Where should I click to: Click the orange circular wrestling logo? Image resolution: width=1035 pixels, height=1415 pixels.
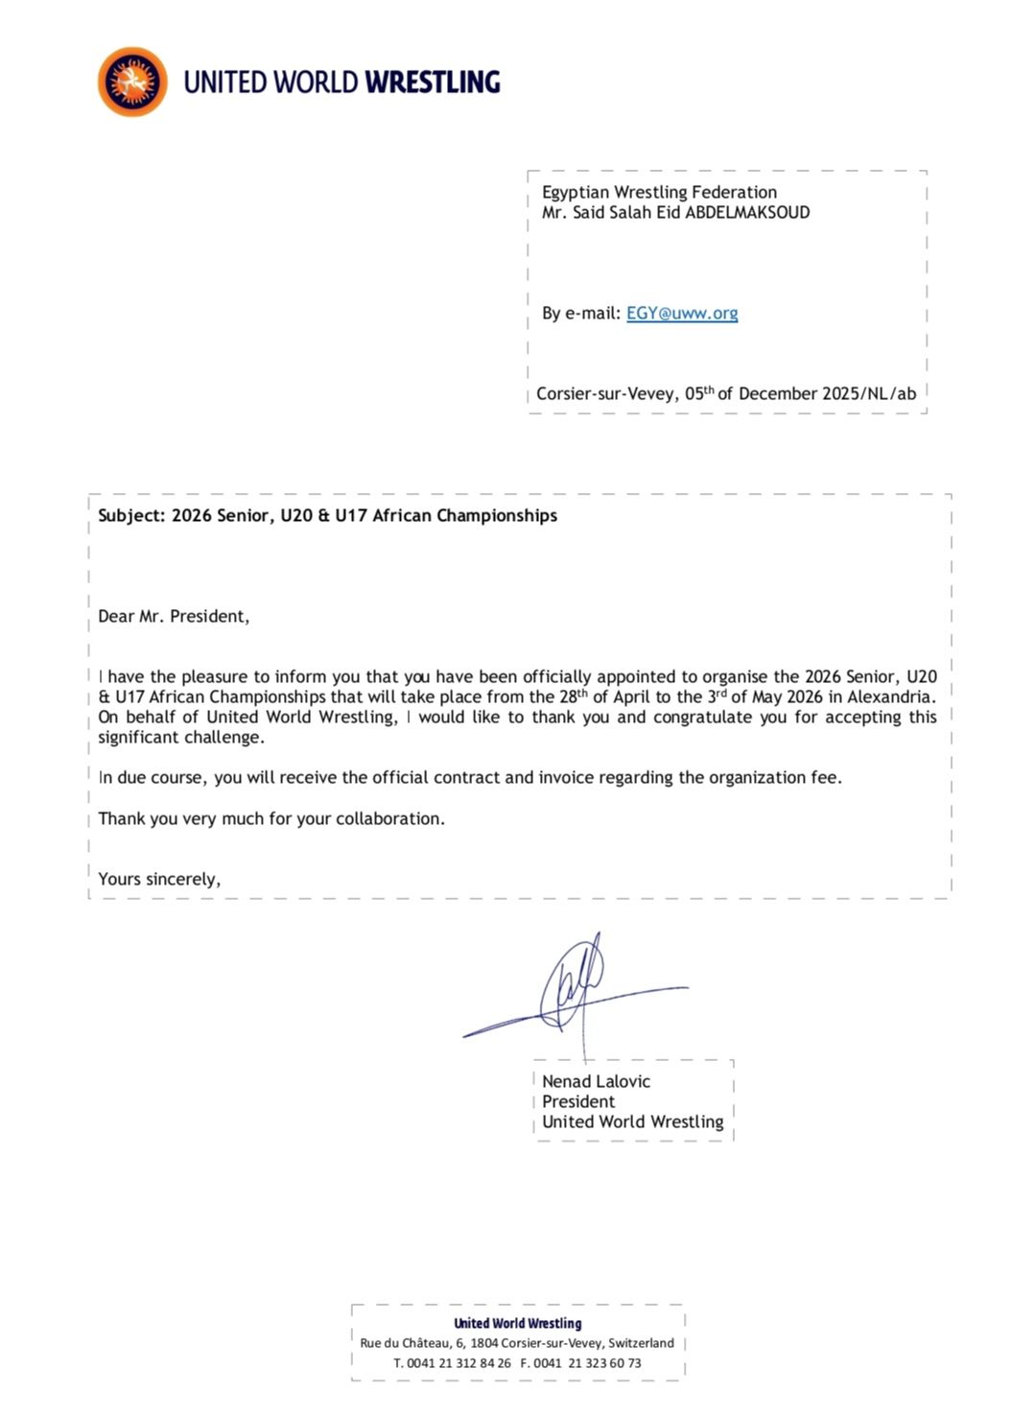click(x=132, y=83)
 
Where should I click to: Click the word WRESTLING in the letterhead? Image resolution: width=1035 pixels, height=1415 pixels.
click(x=433, y=83)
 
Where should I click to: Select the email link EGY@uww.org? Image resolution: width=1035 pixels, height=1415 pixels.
click(x=682, y=314)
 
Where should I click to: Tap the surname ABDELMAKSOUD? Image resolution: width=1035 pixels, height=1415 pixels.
click(x=747, y=213)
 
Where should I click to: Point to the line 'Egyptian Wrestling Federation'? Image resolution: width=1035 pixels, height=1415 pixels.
click(x=659, y=192)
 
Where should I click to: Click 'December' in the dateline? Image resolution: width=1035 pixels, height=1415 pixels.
click(x=778, y=393)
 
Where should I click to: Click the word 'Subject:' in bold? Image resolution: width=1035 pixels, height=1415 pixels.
click(x=131, y=516)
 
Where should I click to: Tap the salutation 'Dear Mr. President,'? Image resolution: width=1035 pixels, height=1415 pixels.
click(x=174, y=616)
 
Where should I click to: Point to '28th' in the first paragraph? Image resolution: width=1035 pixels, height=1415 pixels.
click(x=573, y=697)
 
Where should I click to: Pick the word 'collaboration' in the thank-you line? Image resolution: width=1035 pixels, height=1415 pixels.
click(x=388, y=819)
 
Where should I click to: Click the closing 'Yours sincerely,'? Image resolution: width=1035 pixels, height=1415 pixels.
click(x=159, y=880)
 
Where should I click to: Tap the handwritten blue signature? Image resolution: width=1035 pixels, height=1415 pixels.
click(x=573, y=988)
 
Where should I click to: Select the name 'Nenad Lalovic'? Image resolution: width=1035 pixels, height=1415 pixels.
click(x=596, y=1082)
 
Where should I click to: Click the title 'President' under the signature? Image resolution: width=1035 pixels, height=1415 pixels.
click(x=578, y=1102)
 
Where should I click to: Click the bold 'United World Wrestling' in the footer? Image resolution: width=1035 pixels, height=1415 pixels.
click(x=518, y=1324)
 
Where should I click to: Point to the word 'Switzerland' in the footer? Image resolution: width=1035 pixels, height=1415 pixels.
click(x=641, y=1343)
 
